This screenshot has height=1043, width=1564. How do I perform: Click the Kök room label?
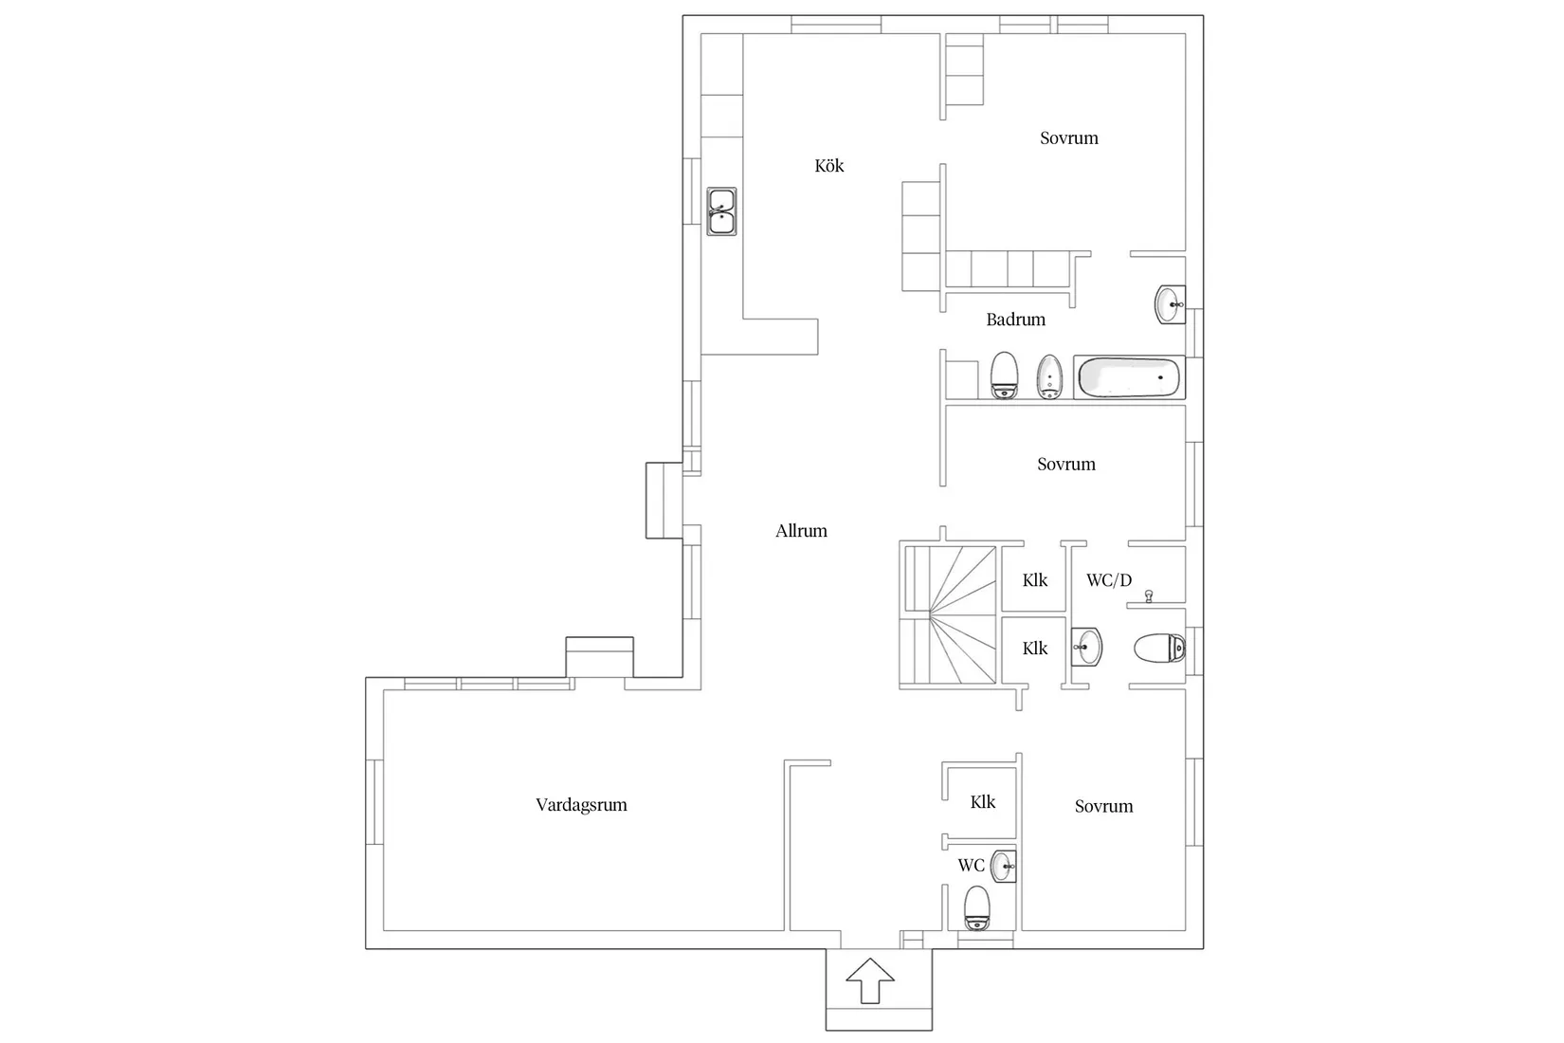click(x=828, y=166)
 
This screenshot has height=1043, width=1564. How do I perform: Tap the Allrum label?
click(x=801, y=531)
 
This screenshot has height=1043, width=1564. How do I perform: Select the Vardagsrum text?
click(x=581, y=805)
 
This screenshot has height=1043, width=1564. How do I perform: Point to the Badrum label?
click(x=1015, y=320)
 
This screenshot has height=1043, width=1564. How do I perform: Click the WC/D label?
click(x=1108, y=580)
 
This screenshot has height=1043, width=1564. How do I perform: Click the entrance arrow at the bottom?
click(x=869, y=980)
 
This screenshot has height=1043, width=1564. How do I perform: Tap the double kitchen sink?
click(x=721, y=211)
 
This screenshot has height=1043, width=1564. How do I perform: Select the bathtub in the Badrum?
click(x=1128, y=377)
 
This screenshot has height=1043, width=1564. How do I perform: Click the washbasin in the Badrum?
click(x=1169, y=305)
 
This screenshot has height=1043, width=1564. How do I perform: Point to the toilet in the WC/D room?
click(x=1159, y=650)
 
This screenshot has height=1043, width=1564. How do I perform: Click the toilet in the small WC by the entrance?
click(x=976, y=907)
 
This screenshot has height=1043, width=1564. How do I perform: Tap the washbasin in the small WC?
click(x=1003, y=866)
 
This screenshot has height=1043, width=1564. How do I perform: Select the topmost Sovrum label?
click(x=1068, y=138)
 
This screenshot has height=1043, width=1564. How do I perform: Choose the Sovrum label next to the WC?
click(x=1103, y=807)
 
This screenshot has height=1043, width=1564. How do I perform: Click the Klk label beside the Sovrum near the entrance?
click(x=982, y=802)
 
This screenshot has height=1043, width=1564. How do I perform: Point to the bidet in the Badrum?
click(x=1048, y=376)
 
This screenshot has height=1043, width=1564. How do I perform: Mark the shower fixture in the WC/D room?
click(x=1149, y=596)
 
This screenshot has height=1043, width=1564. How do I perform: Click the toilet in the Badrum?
click(x=1003, y=375)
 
